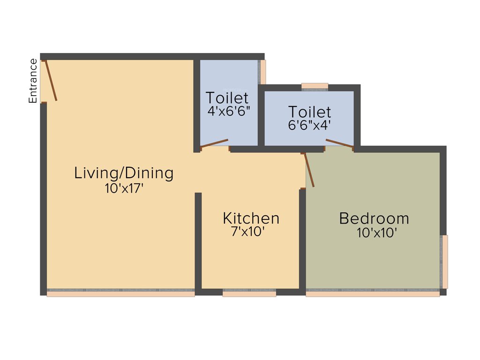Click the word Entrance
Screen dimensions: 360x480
pos(33,81)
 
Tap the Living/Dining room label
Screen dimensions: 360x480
pos(124,173)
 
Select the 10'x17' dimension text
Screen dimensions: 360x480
pos(124,188)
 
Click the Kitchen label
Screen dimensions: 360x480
pos(251,218)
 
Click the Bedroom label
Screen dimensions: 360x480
pos(374,218)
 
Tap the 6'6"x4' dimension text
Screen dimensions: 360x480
pos(310,125)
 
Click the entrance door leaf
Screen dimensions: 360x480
pos(50,81)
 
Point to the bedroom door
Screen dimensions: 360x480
pos(309,170)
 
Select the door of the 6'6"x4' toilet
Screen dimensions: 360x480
pos(339,143)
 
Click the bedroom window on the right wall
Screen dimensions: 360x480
pos(444,262)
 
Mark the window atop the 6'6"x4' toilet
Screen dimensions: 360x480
pos(315,86)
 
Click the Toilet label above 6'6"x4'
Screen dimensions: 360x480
pos(309,112)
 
